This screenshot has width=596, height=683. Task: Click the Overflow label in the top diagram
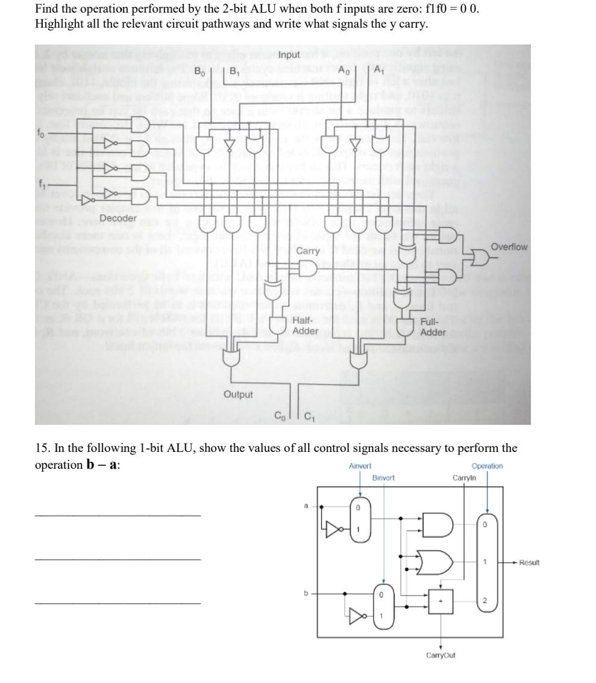(x=509, y=247)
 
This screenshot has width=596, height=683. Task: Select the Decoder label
(x=118, y=218)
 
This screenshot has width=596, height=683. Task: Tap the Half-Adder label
(x=305, y=326)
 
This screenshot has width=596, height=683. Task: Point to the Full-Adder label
(x=433, y=327)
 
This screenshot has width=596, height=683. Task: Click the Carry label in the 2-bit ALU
(x=309, y=251)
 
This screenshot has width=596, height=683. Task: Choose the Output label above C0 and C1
(x=238, y=394)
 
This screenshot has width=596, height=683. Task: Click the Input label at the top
(x=290, y=55)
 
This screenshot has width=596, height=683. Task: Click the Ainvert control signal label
(x=360, y=466)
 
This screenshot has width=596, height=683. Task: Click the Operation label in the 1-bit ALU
(x=487, y=466)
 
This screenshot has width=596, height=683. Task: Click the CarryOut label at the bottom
(x=441, y=655)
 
